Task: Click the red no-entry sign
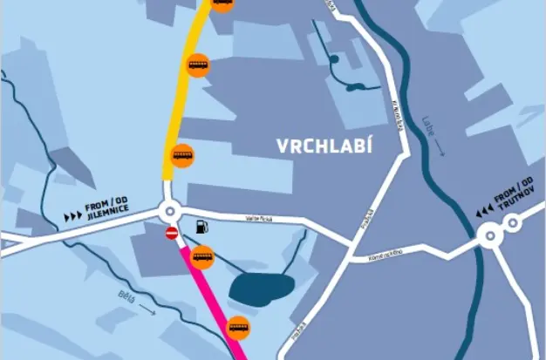172,233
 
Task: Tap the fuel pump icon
202,227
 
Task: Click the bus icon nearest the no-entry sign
202,257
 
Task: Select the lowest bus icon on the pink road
238,328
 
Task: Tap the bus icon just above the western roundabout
181,155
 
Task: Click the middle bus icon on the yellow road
198,65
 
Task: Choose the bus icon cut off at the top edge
222,3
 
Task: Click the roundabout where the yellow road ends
169,212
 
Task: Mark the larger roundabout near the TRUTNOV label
490,234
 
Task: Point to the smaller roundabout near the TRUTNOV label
513,223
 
